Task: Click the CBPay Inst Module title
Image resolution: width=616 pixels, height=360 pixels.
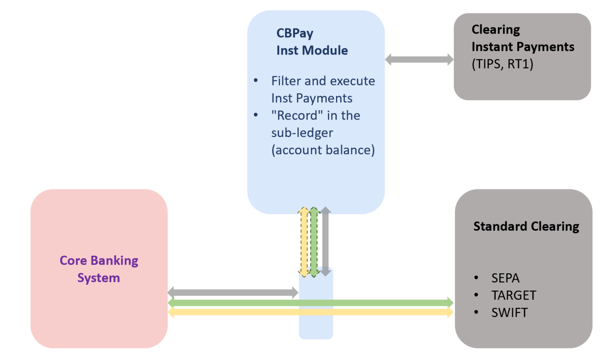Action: pos(312,42)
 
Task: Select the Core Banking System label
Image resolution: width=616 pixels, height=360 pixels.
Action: pos(99,269)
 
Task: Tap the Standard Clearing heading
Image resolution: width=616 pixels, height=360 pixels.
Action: pos(526,226)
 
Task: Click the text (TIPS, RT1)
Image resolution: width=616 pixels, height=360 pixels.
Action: pos(502,64)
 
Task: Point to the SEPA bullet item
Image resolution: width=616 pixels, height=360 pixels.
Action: pos(505,278)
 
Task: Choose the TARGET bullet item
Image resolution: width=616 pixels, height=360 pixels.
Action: pos(513,295)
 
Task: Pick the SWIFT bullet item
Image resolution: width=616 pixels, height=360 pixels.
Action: pos(509,312)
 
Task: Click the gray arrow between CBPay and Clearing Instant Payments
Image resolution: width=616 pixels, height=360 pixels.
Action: pos(419,60)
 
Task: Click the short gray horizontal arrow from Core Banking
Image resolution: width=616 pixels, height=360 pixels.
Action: pos(233,293)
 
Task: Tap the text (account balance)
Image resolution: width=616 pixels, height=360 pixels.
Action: pos(323,150)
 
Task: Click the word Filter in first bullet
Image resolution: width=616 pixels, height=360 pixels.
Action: pos(286,81)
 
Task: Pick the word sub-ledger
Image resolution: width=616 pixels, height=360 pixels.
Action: pos(302,133)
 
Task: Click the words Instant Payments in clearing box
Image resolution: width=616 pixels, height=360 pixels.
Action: pos(523,47)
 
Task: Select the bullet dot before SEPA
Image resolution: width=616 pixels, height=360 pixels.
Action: pos(476,278)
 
